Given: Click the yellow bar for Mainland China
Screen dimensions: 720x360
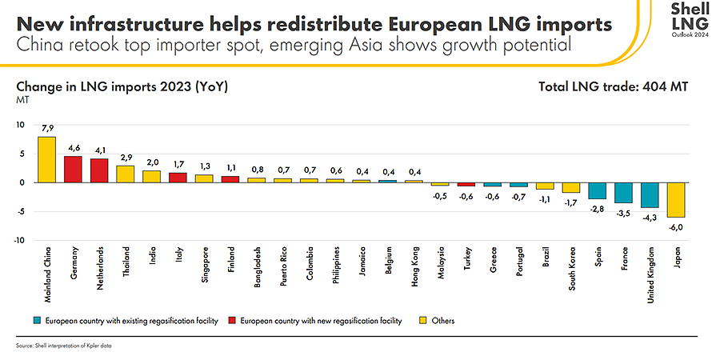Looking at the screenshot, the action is point(47,159).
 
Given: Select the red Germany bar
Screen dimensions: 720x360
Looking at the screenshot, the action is point(73,169).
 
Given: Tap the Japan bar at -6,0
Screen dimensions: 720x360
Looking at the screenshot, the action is point(676,200).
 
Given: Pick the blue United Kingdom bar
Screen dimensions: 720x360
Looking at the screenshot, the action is point(650,194).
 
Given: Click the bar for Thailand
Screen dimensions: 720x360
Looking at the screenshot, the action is point(126,174).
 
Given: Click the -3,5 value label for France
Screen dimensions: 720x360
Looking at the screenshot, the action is point(624,214).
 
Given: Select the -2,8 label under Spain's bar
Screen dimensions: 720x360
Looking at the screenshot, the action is point(598,210).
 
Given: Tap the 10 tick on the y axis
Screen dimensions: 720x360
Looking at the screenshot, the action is point(22,125).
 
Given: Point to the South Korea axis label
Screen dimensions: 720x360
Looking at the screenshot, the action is point(571,269).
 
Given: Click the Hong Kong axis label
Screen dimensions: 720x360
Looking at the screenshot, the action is point(414,266).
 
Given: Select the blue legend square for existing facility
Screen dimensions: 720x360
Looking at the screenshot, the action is point(38,321).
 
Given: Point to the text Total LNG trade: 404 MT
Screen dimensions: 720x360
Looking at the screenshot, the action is point(614,86).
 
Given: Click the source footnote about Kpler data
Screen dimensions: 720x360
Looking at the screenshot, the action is point(63,346).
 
